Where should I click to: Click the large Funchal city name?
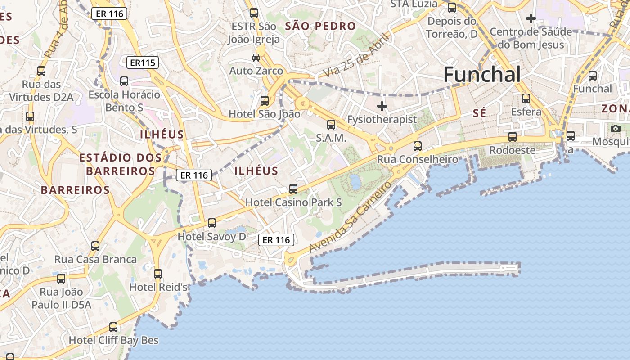pos(482,74)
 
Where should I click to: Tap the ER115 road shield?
pos(143,63)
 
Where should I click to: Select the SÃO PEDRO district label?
pos(320,26)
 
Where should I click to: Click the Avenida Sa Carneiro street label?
pos(351,217)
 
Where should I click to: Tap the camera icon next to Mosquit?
pos(616,128)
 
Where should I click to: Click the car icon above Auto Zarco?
pos(256,58)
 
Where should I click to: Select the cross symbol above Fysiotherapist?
pos(382,106)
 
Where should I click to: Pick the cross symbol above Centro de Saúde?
pos(531,18)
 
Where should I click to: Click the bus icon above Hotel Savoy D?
pos(211,223)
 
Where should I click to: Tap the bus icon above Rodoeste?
pos(512,136)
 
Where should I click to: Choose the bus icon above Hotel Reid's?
pos(157,274)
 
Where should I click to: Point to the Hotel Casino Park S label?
pos(293,202)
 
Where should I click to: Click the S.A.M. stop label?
pos(331,138)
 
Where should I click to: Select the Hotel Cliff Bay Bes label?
pos(113,340)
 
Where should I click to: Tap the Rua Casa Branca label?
pos(95,259)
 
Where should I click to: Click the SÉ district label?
pos(479,113)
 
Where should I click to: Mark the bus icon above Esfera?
pos(526,98)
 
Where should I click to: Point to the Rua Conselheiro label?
pos(418,159)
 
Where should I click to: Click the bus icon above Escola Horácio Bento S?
pos(124,81)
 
